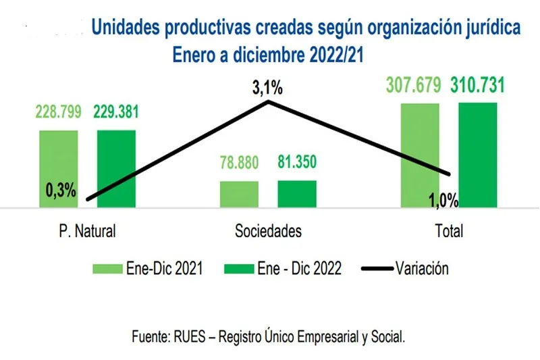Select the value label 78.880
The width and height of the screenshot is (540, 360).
point(240,163)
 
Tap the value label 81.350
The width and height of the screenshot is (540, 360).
point(297,163)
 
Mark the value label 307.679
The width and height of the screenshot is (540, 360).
point(414,86)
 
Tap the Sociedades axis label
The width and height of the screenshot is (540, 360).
point(268,231)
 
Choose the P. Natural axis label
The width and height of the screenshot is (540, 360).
point(87,231)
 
